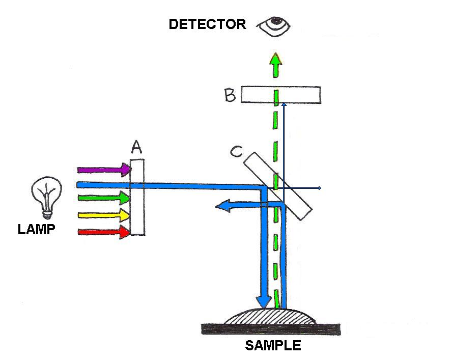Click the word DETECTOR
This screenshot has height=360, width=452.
207,24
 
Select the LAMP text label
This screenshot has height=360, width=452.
36,230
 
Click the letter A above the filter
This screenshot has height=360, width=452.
136,148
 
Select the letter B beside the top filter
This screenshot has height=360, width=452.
230,95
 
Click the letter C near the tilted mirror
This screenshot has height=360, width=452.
236,152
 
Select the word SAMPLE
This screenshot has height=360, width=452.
273,346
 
